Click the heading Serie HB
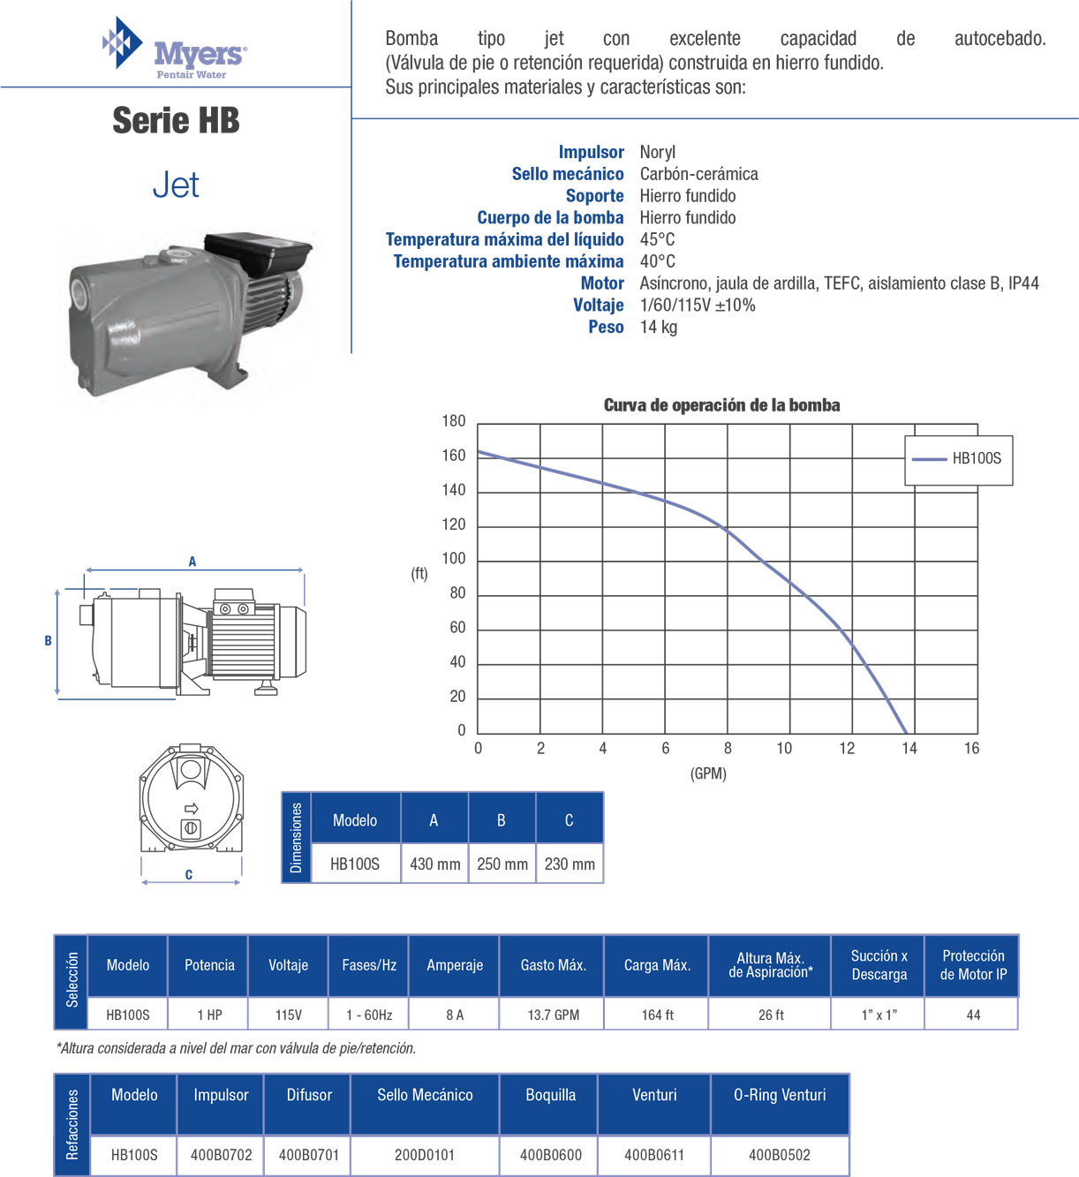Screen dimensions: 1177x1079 coord(176,121)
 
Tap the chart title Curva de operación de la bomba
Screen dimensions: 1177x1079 coord(721,405)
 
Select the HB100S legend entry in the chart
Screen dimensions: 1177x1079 coord(959,458)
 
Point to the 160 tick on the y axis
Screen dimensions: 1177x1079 coord(454,456)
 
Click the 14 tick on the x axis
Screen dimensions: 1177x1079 coord(909,749)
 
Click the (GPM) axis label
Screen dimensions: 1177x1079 coord(708,773)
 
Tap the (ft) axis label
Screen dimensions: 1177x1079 coord(419,574)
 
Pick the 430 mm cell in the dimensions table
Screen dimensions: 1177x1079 coord(434,864)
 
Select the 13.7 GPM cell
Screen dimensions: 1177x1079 coord(553,1015)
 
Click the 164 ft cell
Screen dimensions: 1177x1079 coord(657,1015)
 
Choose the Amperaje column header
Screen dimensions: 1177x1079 coord(455,965)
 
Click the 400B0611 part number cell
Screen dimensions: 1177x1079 coord(654,1154)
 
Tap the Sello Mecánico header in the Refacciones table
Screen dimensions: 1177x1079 coord(425,1095)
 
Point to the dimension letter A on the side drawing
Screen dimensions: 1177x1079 coord(192,562)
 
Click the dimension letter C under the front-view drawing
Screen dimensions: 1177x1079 coord(189,875)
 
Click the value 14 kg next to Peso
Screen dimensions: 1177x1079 coord(659,328)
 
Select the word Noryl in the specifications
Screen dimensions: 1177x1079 coord(658,152)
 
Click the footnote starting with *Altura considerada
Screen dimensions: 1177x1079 coord(236,1048)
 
